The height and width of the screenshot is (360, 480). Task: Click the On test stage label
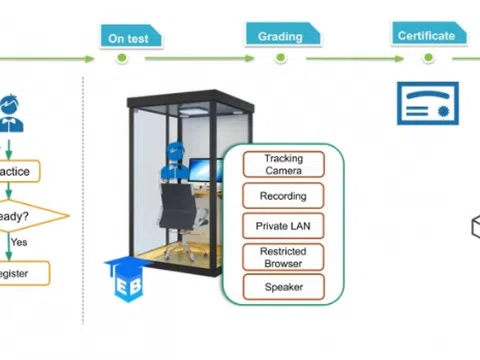point(130,38)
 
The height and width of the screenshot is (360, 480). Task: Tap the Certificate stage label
point(426,35)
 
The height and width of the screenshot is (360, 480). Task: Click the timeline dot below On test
point(122,58)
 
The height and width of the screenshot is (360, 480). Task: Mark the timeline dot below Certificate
point(427,58)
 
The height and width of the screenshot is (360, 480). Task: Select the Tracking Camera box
point(283,164)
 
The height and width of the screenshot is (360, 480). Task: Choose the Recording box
point(283,195)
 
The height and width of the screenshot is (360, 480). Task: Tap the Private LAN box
point(283,226)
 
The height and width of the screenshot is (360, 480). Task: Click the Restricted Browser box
point(283,257)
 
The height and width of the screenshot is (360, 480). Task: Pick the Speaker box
point(283,288)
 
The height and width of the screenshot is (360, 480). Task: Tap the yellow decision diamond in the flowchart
point(25,214)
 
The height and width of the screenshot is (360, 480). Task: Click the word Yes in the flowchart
point(18,241)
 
